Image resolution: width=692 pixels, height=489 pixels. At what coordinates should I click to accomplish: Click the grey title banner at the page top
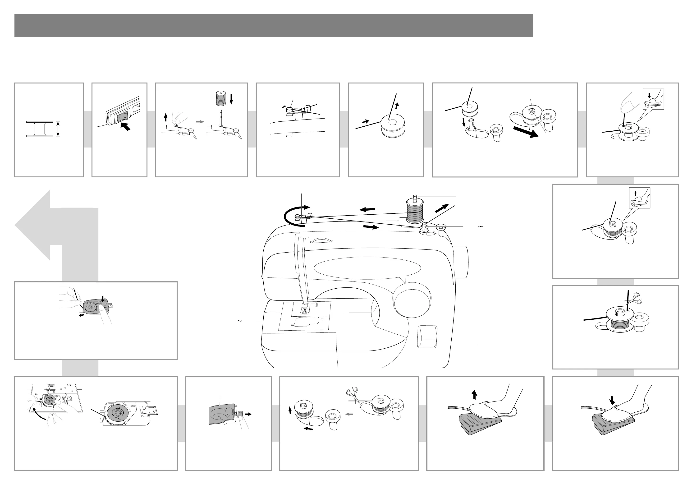pyautogui.click(x=273, y=25)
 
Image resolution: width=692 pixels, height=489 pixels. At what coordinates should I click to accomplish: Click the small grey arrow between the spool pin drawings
pyautogui.click(x=200, y=122)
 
